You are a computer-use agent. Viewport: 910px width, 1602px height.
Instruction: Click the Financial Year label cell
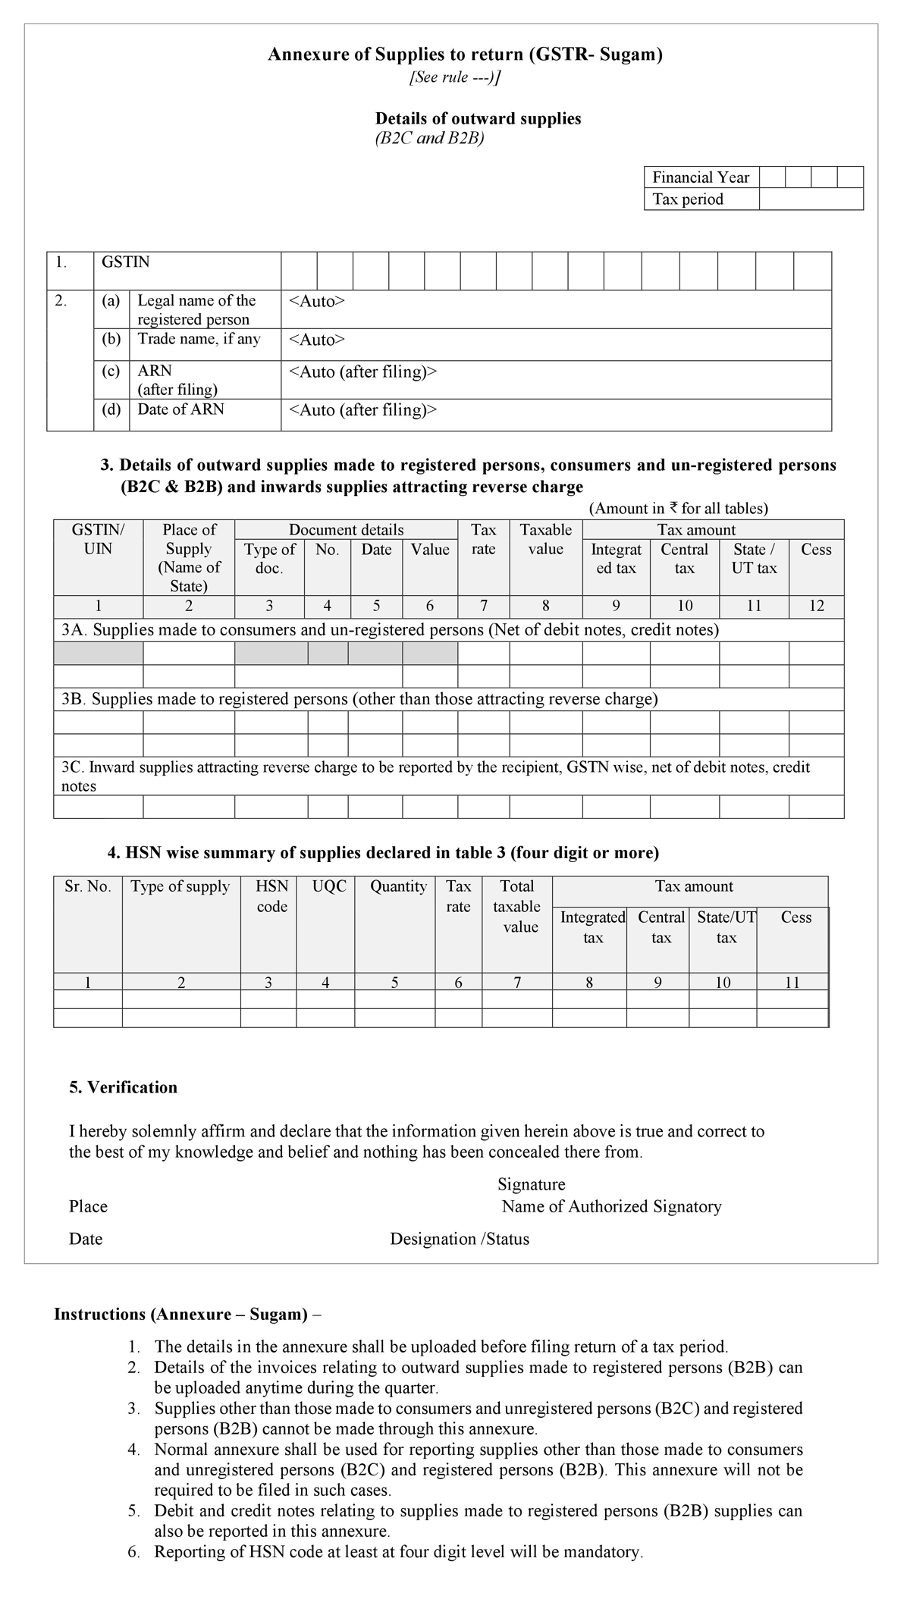(x=701, y=177)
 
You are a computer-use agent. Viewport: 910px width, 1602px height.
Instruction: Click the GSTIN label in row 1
(x=126, y=262)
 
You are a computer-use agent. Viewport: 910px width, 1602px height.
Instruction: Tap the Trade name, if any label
(x=199, y=339)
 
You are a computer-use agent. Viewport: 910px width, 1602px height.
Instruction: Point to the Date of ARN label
(x=180, y=409)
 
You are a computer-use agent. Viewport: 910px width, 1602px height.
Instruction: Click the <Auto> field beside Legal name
(x=317, y=302)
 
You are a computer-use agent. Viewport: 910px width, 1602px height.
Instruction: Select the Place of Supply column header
(x=189, y=557)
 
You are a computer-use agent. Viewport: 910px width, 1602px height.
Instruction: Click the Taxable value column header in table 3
(x=545, y=539)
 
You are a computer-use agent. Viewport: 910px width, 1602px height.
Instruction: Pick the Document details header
(x=346, y=530)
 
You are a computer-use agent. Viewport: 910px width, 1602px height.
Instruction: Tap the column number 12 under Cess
(x=816, y=606)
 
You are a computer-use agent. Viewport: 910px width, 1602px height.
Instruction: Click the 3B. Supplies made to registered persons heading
(x=359, y=699)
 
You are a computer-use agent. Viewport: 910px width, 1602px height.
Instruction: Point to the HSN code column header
(x=271, y=896)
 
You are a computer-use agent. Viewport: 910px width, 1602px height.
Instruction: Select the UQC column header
(x=329, y=886)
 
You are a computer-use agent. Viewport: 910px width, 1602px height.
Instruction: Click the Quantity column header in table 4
(x=398, y=886)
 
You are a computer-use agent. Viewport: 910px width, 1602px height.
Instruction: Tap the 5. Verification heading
(x=123, y=1087)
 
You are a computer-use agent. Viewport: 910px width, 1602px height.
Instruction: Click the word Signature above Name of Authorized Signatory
(x=531, y=1184)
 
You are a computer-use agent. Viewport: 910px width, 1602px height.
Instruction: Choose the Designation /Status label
(x=460, y=1239)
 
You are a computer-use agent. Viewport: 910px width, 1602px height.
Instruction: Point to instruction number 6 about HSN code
(x=398, y=1551)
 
